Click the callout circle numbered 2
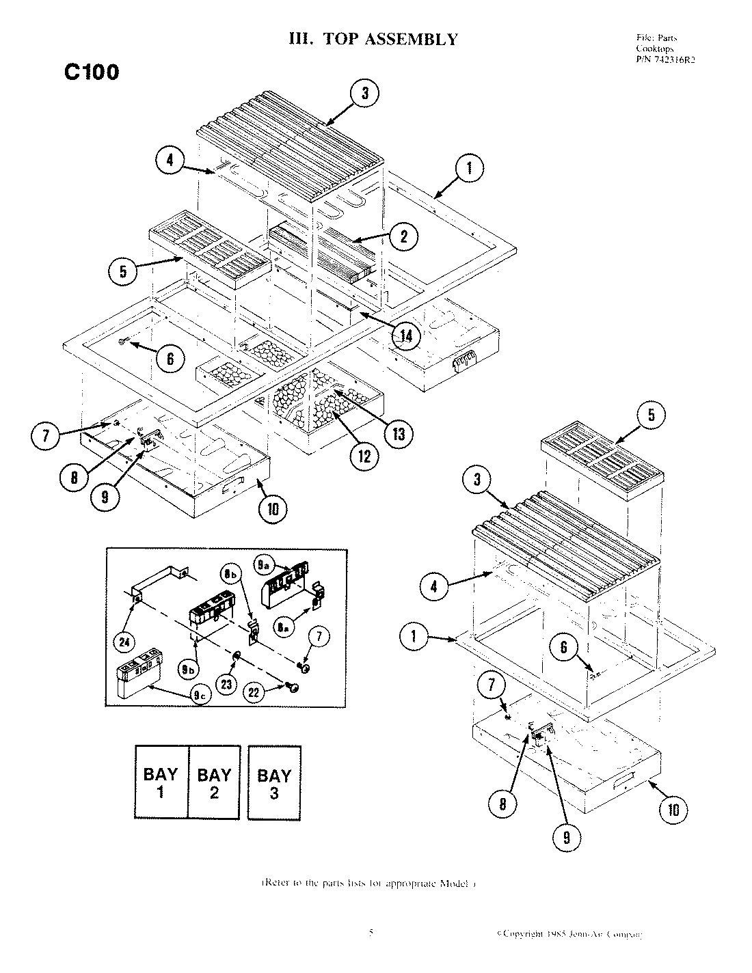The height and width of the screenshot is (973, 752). pyautogui.click(x=403, y=236)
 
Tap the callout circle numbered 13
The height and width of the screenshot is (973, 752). pyautogui.click(x=398, y=433)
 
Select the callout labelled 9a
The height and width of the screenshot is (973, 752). pyautogui.click(x=265, y=564)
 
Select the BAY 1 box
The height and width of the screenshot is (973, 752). pyautogui.click(x=161, y=782)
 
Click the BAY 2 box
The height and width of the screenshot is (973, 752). pyautogui.click(x=214, y=782)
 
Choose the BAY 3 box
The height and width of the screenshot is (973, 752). pyautogui.click(x=274, y=782)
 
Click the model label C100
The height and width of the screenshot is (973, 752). pyautogui.click(x=92, y=72)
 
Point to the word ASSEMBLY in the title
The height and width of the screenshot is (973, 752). pyautogui.click(x=411, y=39)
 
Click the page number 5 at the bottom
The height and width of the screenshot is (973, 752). pyautogui.click(x=371, y=932)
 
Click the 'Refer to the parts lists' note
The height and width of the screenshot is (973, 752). pyautogui.click(x=368, y=883)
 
